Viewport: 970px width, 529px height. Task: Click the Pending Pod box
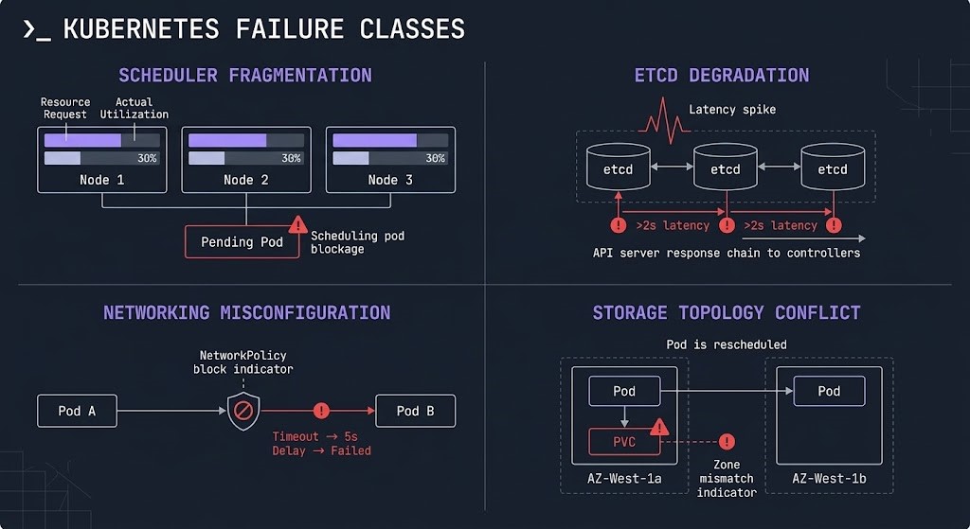coord(242,241)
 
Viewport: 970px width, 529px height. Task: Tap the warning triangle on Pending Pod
coord(297,225)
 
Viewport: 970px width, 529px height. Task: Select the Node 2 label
coord(245,180)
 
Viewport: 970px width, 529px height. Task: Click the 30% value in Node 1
coord(147,158)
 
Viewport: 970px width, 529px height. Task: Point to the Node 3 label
coord(389,180)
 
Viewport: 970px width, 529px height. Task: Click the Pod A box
coord(78,411)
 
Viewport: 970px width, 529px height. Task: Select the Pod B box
coord(415,411)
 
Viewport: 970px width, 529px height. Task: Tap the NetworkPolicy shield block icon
coord(243,412)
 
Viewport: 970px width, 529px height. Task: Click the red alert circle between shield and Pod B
coord(321,411)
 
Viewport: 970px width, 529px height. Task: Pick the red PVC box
coord(623,442)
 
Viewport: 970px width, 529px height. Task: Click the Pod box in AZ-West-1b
coord(829,391)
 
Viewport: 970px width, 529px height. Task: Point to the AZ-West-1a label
coord(623,480)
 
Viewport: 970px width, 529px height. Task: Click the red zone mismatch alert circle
coord(727,442)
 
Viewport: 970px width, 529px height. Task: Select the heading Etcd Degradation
coord(722,76)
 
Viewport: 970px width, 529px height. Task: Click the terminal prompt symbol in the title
coord(36,29)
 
